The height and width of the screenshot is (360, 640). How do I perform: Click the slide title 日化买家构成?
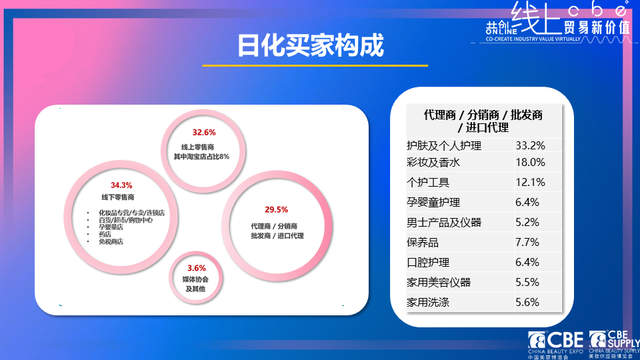point(311,46)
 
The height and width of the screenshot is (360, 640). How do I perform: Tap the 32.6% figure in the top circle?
point(203,132)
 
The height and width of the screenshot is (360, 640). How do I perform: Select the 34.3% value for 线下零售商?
point(121,185)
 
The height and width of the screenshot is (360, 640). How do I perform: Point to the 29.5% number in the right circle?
point(277,209)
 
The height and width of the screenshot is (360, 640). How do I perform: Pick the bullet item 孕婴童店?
point(111,227)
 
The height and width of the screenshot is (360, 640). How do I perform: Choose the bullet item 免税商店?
point(111,241)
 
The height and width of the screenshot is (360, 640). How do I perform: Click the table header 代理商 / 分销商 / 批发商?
point(483,115)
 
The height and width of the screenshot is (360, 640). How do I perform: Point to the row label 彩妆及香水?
point(433,162)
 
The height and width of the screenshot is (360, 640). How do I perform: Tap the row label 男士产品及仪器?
point(444,222)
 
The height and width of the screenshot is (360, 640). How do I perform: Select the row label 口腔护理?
point(428,262)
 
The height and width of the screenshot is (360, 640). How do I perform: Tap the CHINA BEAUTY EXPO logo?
point(555,343)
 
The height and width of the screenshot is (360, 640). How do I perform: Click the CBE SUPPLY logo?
point(614,343)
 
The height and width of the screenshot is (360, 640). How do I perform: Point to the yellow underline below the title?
point(315,65)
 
